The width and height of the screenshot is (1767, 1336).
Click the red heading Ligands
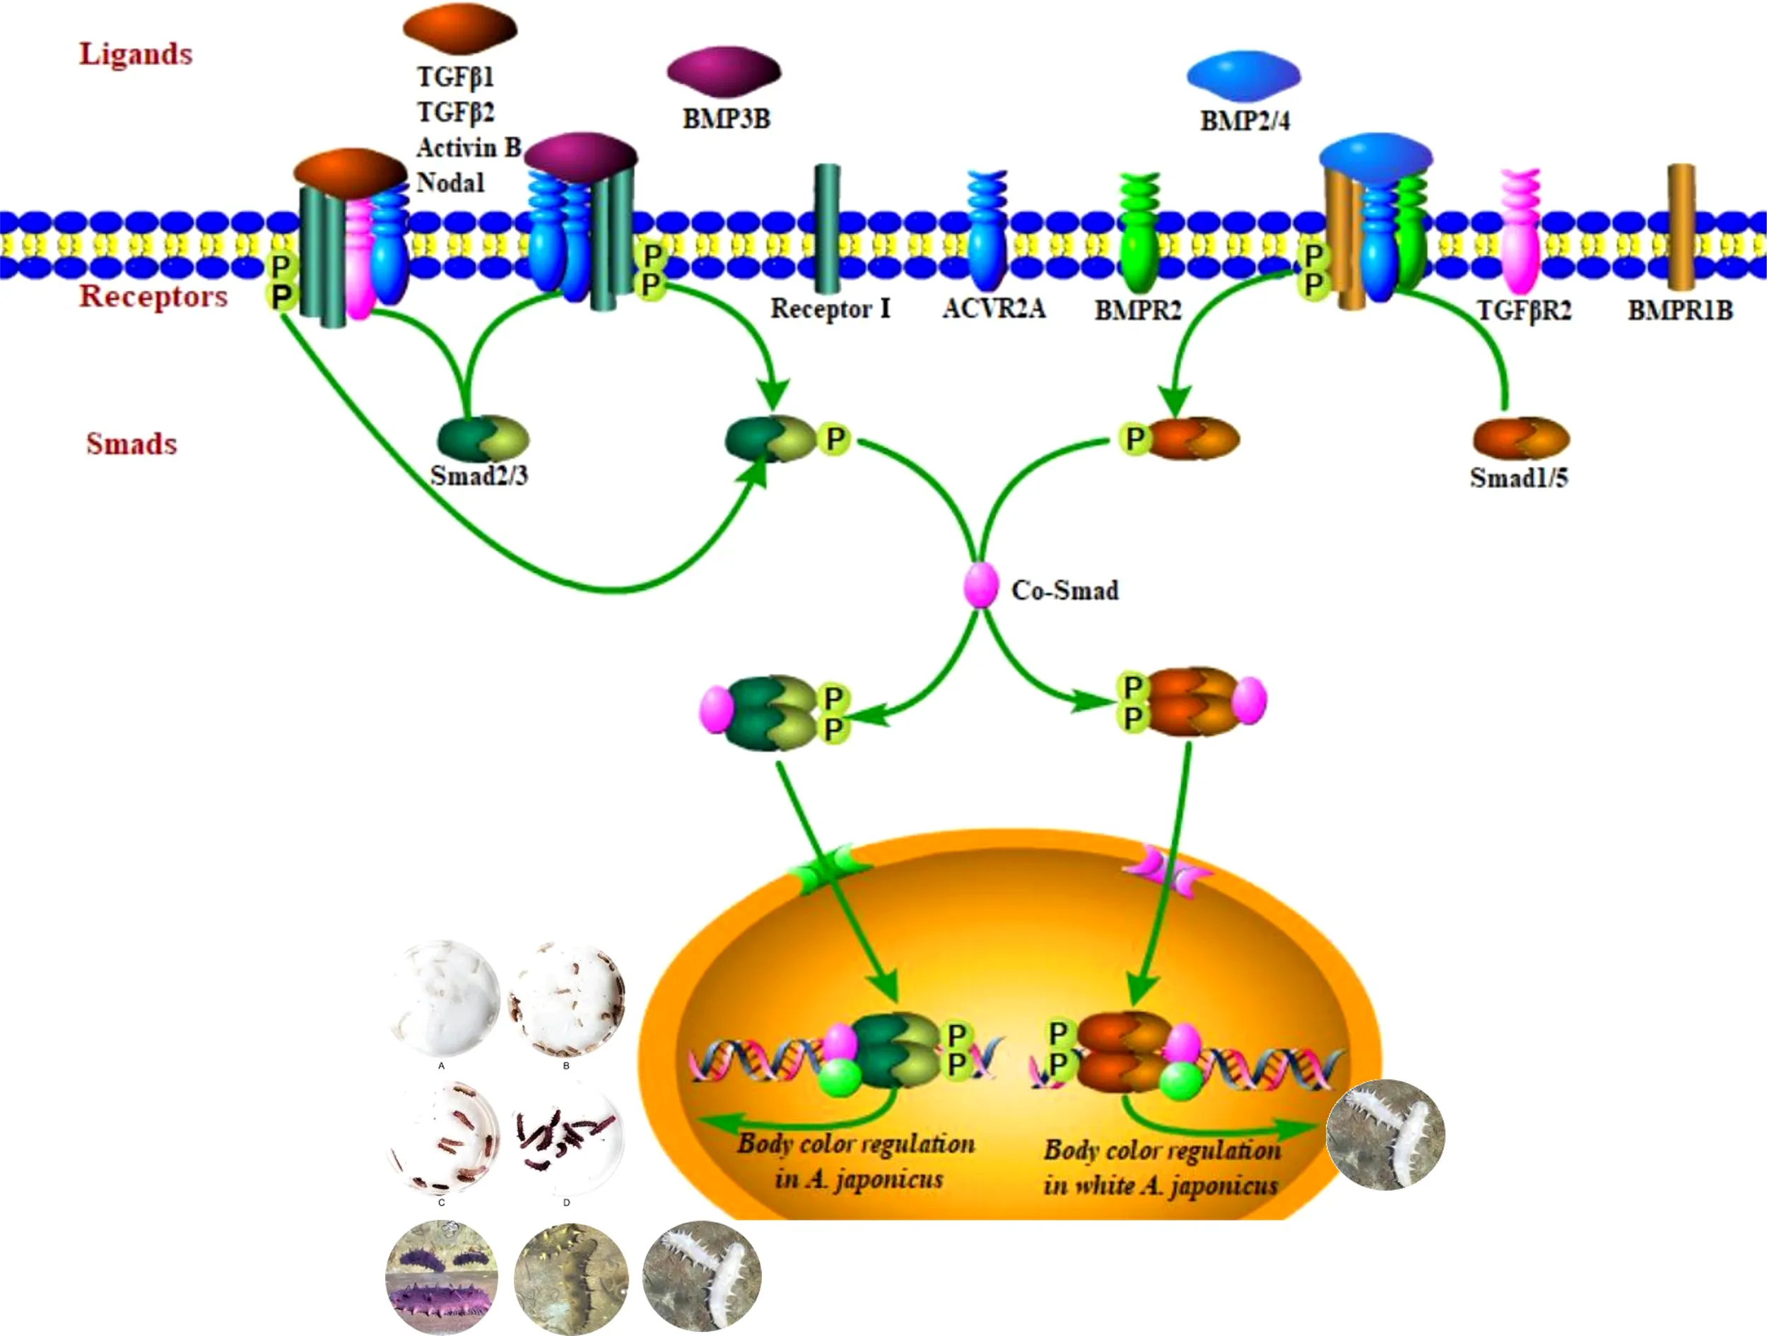[x=136, y=54]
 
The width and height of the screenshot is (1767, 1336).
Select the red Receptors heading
[x=153, y=296]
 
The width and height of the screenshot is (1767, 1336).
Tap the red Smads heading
[x=131, y=444]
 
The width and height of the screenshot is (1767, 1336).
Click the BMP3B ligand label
[x=726, y=119]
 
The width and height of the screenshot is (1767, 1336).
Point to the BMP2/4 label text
[x=1245, y=121]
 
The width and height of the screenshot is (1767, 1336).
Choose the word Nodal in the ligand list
[x=450, y=183]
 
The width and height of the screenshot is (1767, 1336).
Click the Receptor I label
[x=830, y=309]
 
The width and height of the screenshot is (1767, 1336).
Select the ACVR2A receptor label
[x=994, y=308]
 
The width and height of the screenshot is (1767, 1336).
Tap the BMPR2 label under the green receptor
[x=1137, y=310]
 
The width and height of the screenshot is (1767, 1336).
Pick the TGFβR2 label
[x=1523, y=310]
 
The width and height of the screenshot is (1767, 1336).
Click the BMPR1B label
[x=1681, y=310]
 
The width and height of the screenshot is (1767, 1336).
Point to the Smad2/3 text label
[x=479, y=476]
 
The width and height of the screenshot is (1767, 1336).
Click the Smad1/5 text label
[x=1520, y=478]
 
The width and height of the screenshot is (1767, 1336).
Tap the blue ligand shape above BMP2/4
[x=1244, y=75]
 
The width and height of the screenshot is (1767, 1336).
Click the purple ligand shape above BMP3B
[x=724, y=71]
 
